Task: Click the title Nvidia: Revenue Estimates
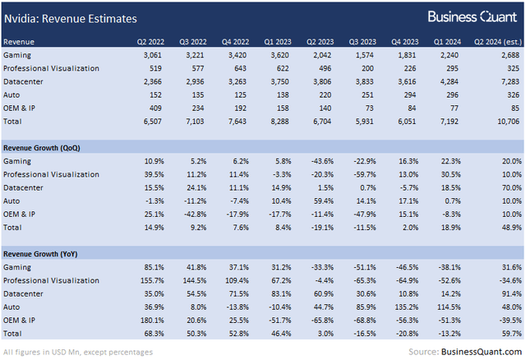72,17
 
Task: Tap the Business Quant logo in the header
473,17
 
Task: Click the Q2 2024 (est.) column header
492,40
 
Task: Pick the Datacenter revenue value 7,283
508,81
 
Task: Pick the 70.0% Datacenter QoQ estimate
509,187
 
